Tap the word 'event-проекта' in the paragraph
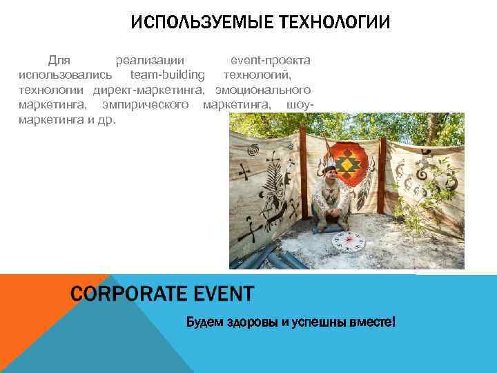tap(270, 61)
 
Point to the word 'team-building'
tap(168, 75)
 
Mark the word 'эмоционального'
tap(263, 90)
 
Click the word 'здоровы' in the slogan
tap(249, 323)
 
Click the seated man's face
tap(330, 175)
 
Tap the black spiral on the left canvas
tap(253, 149)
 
